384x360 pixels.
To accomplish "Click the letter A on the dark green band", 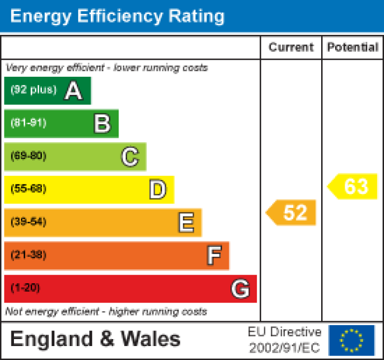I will tap(73, 91).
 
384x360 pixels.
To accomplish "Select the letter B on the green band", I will tap(102, 124).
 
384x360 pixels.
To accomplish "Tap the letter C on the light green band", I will tap(130, 157).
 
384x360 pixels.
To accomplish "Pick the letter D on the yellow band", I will tap(158, 190).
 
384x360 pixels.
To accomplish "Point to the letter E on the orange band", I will tap(186, 223).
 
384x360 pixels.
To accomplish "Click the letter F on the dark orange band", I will tap(214, 256).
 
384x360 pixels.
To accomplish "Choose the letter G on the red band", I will tap(240, 289).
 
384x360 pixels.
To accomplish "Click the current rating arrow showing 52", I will tap(292, 213).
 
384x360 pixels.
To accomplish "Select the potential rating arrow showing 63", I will tap(353, 186).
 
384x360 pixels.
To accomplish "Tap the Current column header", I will tap(291, 47).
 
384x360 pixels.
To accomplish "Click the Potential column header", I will tap(353, 47).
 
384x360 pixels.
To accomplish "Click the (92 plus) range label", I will tap(33, 90).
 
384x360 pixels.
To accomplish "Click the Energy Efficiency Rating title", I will tap(117, 16).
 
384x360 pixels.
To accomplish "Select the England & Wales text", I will tap(95, 339).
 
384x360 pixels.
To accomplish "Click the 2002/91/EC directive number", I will tap(285, 347).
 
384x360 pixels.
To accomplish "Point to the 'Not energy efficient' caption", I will tap(106, 312).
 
